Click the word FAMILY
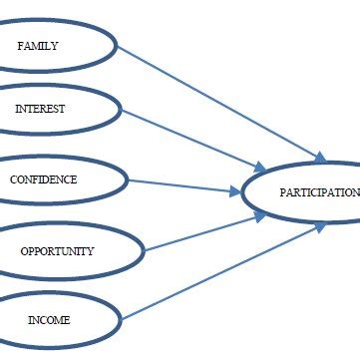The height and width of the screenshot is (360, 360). (x=38, y=46)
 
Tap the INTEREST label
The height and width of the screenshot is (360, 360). (x=40, y=109)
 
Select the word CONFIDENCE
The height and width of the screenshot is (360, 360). (x=43, y=180)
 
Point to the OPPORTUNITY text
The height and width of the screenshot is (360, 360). (x=57, y=251)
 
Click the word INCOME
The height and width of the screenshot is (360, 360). (x=49, y=320)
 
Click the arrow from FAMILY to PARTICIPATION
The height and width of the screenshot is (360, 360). (x=219, y=101)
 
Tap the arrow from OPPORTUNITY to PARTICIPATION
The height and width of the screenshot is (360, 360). (x=199, y=230)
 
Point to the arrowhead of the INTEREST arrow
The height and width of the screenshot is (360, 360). (x=262, y=169)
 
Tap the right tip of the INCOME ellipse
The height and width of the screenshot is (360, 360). (x=122, y=320)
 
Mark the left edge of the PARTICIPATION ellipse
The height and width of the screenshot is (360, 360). (x=243, y=192)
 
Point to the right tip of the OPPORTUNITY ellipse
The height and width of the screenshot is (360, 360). (x=145, y=249)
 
